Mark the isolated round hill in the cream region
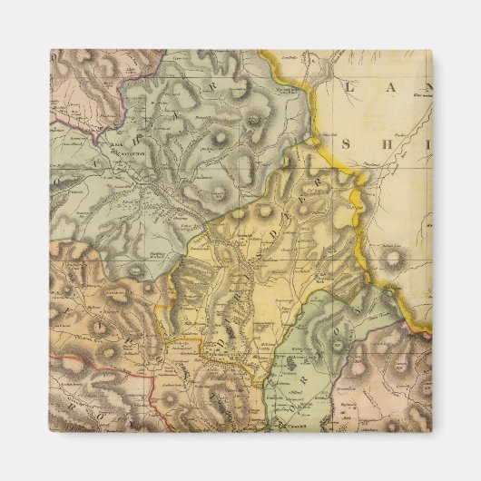395,260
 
